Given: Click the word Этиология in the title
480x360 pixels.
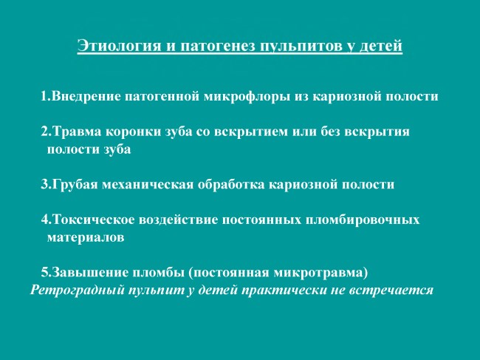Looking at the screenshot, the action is [119, 46].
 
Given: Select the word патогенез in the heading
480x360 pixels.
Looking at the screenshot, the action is [217, 47].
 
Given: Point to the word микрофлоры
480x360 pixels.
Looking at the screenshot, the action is [247, 97].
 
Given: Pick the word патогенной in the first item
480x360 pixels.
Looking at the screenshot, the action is [162, 97].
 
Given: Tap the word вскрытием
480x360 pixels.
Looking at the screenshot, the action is [251, 132].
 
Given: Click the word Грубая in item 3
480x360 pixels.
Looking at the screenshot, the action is [75, 185].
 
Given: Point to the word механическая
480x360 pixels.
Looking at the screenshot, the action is [148, 185].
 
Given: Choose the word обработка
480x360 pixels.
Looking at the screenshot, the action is [231, 185].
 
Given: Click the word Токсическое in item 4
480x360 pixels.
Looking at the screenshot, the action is [93, 220].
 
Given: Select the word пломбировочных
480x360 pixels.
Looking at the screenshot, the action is [363, 220].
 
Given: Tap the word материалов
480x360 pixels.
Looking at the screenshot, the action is [86, 237].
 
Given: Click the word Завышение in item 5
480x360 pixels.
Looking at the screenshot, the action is [90, 273].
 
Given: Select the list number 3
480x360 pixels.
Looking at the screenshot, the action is [44, 185].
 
